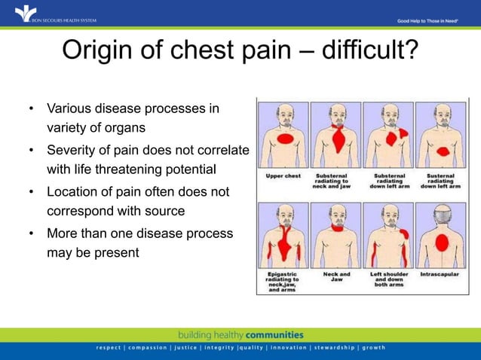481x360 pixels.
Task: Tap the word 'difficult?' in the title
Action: pyautogui.click(x=365, y=51)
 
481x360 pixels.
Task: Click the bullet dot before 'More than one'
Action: pyautogui.click(x=31, y=234)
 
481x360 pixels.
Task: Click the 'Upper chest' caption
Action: pyautogui.click(x=283, y=176)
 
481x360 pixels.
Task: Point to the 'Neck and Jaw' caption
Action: pyautogui.click(x=336, y=277)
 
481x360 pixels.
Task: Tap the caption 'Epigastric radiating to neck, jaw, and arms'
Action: pyautogui.click(x=283, y=280)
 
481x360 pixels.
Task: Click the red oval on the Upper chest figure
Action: pyautogui.click(x=285, y=142)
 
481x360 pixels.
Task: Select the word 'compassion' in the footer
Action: pyautogui.click(x=152, y=347)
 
